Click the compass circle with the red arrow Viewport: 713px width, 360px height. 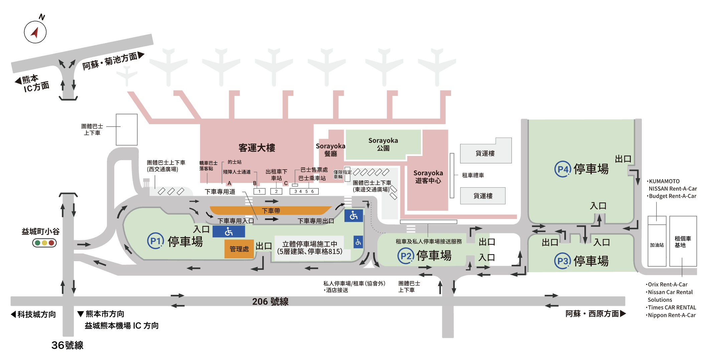[x=35, y=32]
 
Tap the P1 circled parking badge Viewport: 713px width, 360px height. [x=155, y=241]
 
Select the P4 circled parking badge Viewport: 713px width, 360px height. [x=563, y=169]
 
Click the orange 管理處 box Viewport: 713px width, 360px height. [x=239, y=249]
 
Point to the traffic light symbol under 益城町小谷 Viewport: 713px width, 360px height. [x=44, y=243]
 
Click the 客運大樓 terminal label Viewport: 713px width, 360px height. [x=257, y=148]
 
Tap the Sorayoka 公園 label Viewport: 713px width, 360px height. [x=383, y=144]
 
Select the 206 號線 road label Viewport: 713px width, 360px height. [x=270, y=302]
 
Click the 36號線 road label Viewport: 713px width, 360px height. [x=67, y=345]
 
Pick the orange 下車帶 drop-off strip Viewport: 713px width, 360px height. [x=271, y=210]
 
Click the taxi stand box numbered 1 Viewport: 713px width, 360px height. [x=259, y=191]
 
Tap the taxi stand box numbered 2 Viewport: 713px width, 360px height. [x=276, y=191]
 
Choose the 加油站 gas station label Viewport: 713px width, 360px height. [x=657, y=245]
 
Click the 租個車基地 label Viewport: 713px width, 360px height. [x=683, y=242]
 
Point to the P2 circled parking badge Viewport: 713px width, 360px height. [x=406, y=256]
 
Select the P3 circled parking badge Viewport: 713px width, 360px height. [x=563, y=261]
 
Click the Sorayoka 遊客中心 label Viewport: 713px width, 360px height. [x=428, y=177]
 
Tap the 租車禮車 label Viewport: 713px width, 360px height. [x=473, y=175]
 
